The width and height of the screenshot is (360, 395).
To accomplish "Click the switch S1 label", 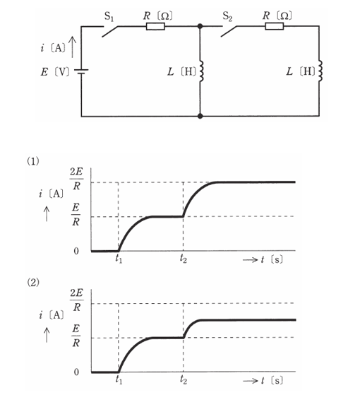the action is [109, 17].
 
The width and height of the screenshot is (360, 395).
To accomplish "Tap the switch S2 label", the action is [227, 17].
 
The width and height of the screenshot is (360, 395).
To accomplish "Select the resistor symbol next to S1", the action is [155, 26].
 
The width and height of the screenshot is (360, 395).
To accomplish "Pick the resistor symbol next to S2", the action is [274, 26].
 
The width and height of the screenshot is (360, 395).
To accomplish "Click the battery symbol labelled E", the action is [81, 71].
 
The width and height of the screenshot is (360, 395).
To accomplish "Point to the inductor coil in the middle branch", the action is [201, 71].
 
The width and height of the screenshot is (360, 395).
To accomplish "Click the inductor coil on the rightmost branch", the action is [320, 71].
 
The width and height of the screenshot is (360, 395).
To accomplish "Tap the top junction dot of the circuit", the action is [200, 26].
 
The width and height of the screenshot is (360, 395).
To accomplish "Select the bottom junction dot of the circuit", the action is [200, 116].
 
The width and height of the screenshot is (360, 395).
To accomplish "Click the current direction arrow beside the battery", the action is [73, 47].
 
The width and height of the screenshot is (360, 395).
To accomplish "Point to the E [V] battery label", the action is [55, 72].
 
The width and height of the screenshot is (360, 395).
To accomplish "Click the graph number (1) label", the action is [33, 161].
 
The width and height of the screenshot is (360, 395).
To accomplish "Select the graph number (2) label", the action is [33, 283].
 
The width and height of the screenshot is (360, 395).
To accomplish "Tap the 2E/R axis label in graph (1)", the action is [76, 179].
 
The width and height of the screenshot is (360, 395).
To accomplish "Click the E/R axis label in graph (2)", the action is [76, 336].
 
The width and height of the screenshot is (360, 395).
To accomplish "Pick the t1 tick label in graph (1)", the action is [119, 259].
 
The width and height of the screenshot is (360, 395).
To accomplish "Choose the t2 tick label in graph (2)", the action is [183, 379].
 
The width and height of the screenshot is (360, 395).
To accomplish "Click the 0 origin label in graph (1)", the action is [76, 251].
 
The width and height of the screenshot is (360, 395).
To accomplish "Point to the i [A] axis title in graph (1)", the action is [52, 194].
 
